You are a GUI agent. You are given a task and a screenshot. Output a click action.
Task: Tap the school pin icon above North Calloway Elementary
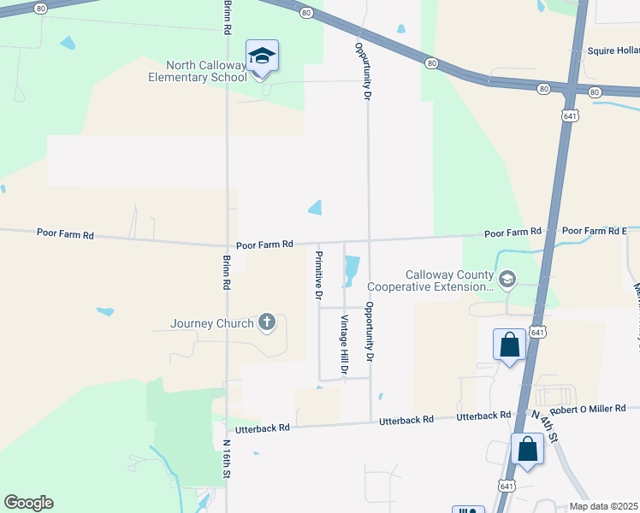[x=262, y=56]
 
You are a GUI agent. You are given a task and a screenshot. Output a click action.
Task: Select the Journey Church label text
[x=212, y=323]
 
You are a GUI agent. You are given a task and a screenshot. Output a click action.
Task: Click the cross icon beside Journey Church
[x=267, y=322]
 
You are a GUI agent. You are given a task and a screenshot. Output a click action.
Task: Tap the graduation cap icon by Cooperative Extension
[x=507, y=278]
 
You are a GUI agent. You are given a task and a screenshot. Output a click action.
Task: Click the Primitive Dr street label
[x=318, y=275]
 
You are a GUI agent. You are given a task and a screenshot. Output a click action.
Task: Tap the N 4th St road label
[x=544, y=425]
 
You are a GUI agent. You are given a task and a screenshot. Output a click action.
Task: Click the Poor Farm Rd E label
[x=595, y=231]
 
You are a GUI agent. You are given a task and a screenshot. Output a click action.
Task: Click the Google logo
[x=28, y=503]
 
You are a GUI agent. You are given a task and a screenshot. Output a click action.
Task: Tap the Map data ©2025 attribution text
[x=602, y=506]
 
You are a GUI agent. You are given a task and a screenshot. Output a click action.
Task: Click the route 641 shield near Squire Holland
[x=570, y=115]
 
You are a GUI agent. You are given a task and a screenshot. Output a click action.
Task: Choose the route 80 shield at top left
[x=41, y=7]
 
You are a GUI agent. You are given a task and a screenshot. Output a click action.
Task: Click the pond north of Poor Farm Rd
[x=315, y=208]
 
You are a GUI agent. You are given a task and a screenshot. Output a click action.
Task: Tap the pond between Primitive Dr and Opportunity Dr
[x=352, y=271]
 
